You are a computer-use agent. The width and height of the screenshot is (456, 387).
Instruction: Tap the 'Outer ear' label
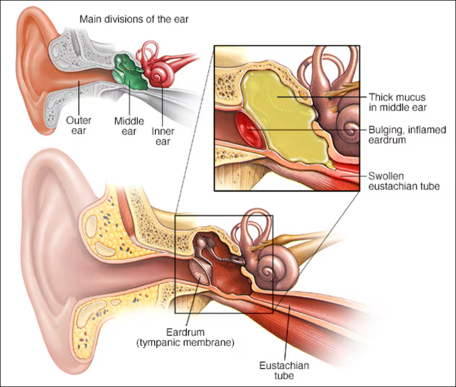tap(78, 125)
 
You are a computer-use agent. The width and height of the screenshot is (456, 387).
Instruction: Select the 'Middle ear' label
tap(129, 125)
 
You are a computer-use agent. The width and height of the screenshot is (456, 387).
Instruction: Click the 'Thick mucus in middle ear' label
tap(397, 102)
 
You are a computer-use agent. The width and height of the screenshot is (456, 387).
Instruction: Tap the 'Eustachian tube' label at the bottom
tap(285, 371)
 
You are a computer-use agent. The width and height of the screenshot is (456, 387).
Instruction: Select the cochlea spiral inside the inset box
tap(348, 130)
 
